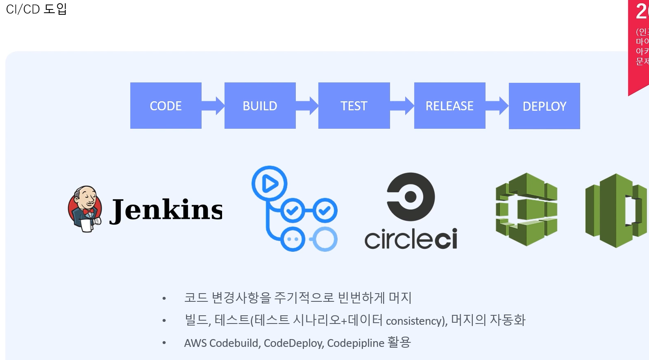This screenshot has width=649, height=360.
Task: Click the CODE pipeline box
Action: pyautogui.click(x=166, y=106)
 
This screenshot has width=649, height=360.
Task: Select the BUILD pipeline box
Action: pyautogui.click(x=260, y=106)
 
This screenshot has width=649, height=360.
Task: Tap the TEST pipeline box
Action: pyautogui.click(x=354, y=106)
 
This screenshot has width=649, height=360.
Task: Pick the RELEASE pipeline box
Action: pyautogui.click(x=449, y=106)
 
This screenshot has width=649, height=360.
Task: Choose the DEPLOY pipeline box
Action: pyautogui.click(x=544, y=106)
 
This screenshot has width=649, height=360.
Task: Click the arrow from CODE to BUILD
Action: pyautogui.click(x=213, y=106)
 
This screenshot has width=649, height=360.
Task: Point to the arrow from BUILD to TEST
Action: pyautogui.click(x=307, y=106)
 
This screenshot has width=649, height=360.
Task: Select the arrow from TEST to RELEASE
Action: pyautogui.click(x=402, y=106)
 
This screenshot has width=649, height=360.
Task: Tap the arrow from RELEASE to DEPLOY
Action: pyautogui.click(x=497, y=106)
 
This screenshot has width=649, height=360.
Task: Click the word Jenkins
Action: pyautogui.click(x=166, y=210)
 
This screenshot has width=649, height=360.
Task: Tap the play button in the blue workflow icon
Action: pyautogui.click(x=269, y=183)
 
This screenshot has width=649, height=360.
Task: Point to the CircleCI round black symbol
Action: pyautogui.click(x=411, y=196)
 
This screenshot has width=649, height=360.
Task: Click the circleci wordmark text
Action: pyautogui.click(x=411, y=239)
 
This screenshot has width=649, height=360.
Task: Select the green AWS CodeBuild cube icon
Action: pyautogui.click(x=526, y=209)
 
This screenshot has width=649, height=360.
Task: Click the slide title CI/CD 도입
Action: pyautogui.click(x=36, y=9)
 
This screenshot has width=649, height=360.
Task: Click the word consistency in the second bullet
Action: pyautogui.click(x=415, y=321)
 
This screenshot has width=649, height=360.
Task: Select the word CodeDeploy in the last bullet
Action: pyautogui.click(x=293, y=343)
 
